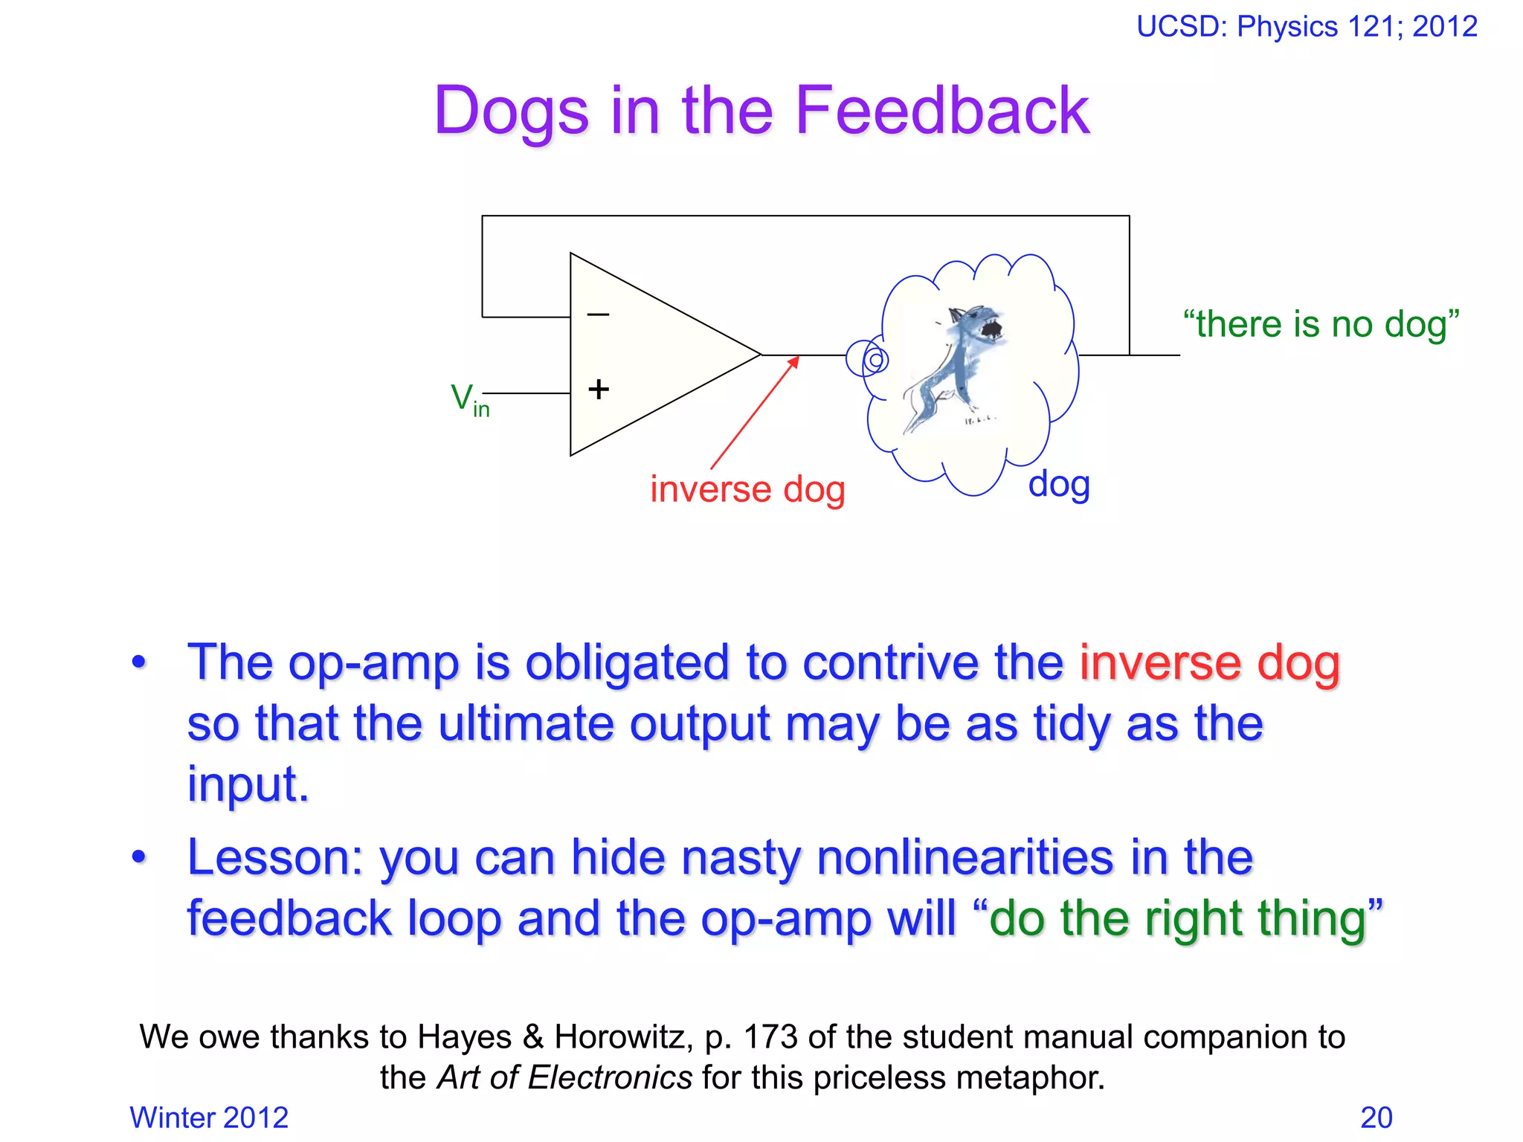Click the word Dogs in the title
tap(512, 112)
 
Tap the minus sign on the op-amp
tap(598, 314)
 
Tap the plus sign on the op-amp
tap(599, 389)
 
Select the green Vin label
tap(469, 400)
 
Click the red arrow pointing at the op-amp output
tap(755, 413)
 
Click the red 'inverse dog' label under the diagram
tap(747, 489)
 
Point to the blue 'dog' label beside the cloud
tap(1059, 484)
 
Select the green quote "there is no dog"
tap(1321, 324)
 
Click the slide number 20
tap(1376, 1117)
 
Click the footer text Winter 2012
tap(209, 1117)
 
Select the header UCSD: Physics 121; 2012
tap(1307, 27)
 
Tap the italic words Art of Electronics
tap(565, 1077)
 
